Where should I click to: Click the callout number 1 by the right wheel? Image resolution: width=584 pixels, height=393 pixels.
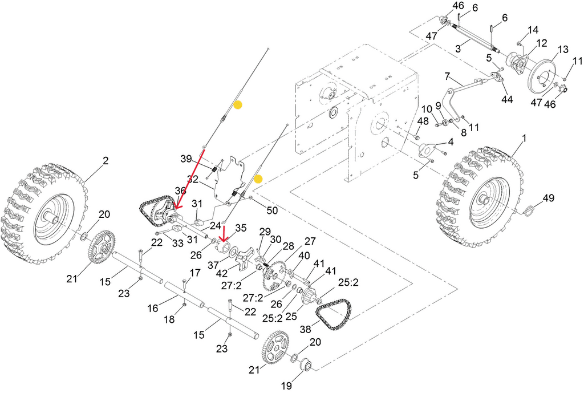(x=524, y=138)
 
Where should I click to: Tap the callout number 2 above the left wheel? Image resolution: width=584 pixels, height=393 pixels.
(x=105, y=161)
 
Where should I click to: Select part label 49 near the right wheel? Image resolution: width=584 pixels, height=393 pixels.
(x=547, y=198)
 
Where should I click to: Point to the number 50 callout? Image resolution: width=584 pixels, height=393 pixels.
(x=272, y=210)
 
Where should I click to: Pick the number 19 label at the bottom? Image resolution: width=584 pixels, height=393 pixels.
(x=285, y=386)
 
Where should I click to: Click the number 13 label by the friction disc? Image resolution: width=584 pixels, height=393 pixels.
(x=562, y=50)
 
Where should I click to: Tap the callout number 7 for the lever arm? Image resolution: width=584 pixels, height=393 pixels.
(x=447, y=76)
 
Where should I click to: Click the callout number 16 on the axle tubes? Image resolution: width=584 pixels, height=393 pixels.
(x=152, y=308)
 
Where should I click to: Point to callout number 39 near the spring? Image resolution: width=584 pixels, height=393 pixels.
(x=186, y=158)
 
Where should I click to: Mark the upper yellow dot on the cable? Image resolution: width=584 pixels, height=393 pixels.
(x=238, y=105)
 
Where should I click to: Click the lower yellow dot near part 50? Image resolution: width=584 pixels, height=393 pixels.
(x=258, y=179)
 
